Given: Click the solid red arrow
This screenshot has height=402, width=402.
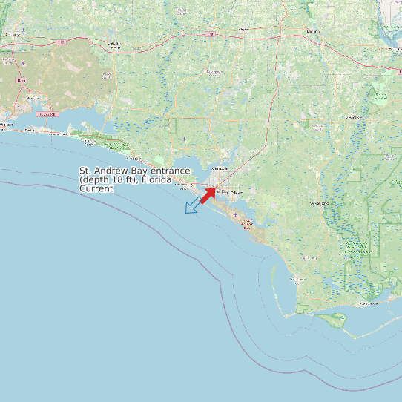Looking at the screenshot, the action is tap(207, 195).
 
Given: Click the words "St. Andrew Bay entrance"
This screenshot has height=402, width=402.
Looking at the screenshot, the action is tap(135, 171).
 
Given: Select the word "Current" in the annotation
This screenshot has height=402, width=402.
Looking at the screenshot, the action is tap(96, 189).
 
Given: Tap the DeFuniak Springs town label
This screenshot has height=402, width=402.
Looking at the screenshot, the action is tap(115, 45).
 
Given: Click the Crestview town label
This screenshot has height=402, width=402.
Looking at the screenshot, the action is tap(13, 35).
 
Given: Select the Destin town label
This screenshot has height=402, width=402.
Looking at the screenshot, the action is tap(30, 130).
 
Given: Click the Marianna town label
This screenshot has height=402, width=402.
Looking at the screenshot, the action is tap(314, 31).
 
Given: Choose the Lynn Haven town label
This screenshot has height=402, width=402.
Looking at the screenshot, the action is tap(219, 169).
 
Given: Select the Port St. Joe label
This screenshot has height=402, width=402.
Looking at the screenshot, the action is tap(297, 280).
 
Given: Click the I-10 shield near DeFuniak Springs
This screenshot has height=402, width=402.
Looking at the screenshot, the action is tap(210, 34).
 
